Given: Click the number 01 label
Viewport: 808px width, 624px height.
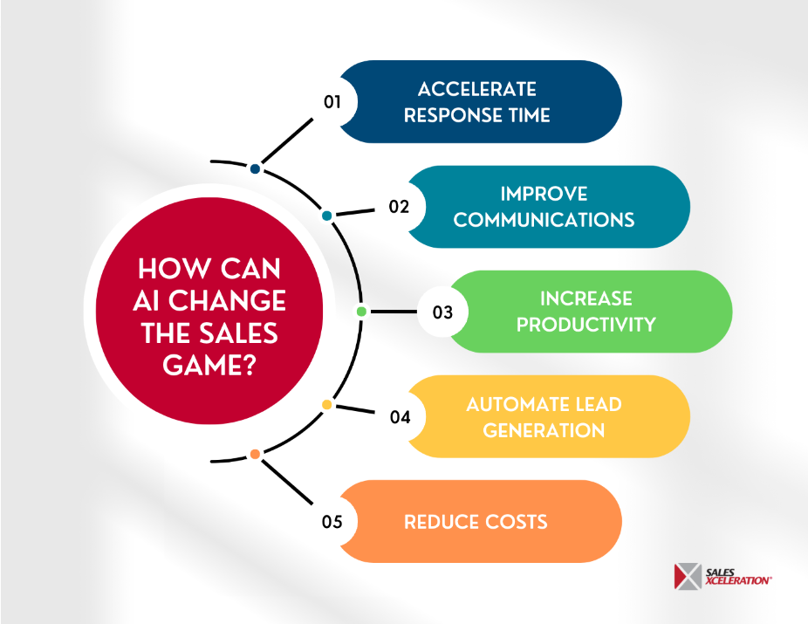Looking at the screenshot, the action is pyautogui.click(x=332, y=101).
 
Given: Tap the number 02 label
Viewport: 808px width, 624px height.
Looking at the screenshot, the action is pyautogui.click(x=400, y=207).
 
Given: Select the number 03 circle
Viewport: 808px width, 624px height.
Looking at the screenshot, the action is pyautogui.click(x=442, y=312).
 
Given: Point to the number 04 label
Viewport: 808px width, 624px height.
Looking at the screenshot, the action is pyautogui.click(x=400, y=416).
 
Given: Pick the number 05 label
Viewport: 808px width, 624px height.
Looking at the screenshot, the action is pyautogui.click(x=332, y=522).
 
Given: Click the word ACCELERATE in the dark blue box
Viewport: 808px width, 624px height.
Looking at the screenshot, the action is pyautogui.click(x=476, y=89).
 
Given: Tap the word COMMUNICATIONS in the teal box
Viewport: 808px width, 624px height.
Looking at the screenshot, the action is pyautogui.click(x=544, y=220).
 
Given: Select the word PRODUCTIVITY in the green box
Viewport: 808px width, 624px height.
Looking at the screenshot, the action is pyautogui.click(x=585, y=325).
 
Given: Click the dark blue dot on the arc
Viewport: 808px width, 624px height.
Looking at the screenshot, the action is pyautogui.click(x=255, y=168).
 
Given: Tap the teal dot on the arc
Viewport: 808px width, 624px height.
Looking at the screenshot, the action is pyautogui.click(x=326, y=215).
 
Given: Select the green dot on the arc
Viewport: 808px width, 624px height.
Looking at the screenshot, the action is pyautogui.click(x=361, y=312).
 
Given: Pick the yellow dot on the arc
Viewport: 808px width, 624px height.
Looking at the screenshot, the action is pyautogui.click(x=326, y=405).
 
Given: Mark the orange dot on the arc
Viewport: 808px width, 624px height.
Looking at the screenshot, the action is pyautogui.click(x=255, y=454).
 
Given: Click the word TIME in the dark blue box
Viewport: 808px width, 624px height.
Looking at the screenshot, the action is pyautogui.click(x=525, y=115).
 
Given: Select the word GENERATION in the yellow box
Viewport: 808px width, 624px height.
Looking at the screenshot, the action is pyautogui.click(x=544, y=429).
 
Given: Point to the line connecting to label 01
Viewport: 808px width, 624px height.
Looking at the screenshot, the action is pyautogui.click(x=286, y=141).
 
